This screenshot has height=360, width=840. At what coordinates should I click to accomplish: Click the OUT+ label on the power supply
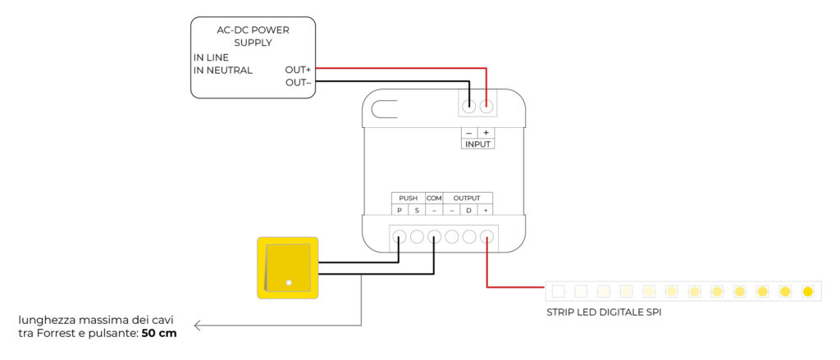point(297,70)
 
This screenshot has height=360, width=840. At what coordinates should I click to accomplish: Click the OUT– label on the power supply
point(297,83)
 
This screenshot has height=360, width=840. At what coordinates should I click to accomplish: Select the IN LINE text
point(211,57)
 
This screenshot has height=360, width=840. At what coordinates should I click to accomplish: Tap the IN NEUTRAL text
point(222,70)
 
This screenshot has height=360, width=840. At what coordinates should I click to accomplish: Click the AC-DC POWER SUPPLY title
point(253,36)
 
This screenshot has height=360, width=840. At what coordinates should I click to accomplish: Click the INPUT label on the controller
point(477,144)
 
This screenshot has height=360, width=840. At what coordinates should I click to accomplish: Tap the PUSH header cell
point(408,198)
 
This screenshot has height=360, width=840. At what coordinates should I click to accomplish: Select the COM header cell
point(434,198)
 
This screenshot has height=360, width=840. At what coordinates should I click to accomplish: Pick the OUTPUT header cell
point(468,198)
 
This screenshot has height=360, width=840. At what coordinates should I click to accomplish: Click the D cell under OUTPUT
point(468,211)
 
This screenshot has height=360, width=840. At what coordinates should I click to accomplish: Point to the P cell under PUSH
point(399,211)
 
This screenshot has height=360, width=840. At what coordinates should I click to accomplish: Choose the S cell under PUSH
point(417,211)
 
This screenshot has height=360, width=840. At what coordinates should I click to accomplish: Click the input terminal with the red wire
point(486,106)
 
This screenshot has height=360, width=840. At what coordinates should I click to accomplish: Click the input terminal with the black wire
point(469,106)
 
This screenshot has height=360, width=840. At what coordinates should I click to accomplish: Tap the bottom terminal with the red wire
point(486,238)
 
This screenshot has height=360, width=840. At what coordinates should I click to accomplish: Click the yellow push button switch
point(288,267)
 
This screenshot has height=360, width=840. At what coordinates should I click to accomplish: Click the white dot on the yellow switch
point(289,283)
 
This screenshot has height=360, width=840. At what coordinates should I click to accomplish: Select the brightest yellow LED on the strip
point(807,291)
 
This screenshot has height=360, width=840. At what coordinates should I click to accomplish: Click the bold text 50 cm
point(159,334)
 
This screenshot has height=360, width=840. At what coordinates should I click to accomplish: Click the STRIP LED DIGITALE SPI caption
point(604,312)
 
